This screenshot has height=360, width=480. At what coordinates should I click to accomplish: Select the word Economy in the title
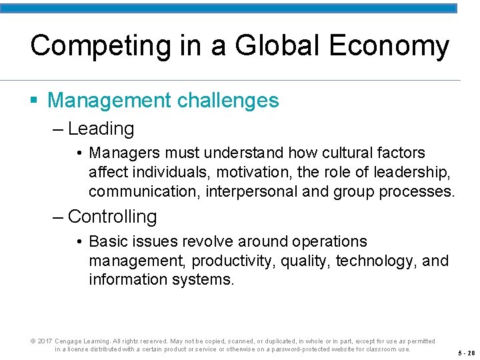(x=387, y=47)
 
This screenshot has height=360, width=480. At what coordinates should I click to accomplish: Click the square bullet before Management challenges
(x=34, y=101)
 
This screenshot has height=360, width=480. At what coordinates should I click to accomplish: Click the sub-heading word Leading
(x=101, y=129)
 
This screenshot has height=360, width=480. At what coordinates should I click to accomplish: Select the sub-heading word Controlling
(x=112, y=217)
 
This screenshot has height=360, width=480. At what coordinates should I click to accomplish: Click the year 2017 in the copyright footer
(x=44, y=341)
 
